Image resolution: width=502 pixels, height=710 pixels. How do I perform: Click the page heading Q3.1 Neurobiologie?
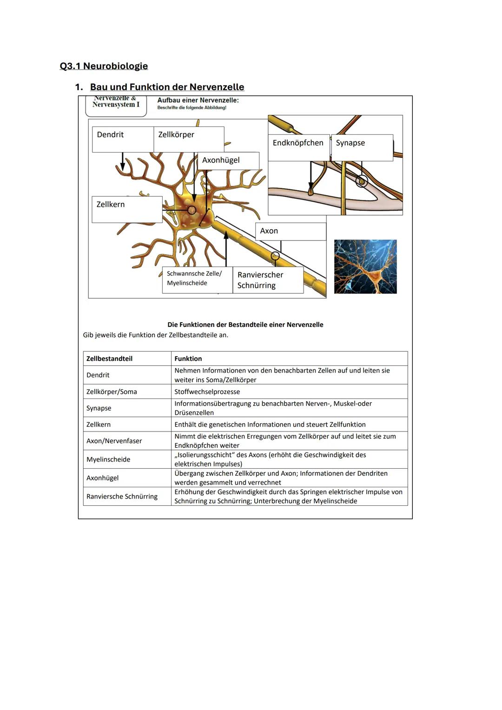pos(104,66)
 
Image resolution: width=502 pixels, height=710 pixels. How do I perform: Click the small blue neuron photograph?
pos(365,266)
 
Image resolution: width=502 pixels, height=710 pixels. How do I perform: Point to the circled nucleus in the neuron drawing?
pos(192,210)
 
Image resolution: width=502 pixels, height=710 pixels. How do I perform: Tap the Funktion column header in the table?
pos(188,358)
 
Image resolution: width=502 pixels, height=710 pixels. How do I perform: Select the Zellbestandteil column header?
pos(109,358)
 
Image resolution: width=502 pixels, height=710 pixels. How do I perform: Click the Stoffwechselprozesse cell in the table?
pos(207,392)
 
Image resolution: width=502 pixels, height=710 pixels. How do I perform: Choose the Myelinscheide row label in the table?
pos(108,459)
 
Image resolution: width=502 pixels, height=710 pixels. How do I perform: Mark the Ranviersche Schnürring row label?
pos(122,497)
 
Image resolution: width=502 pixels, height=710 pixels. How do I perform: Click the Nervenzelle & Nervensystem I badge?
pos(116,104)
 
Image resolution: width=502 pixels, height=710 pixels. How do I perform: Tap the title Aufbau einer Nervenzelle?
pos(198,100)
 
